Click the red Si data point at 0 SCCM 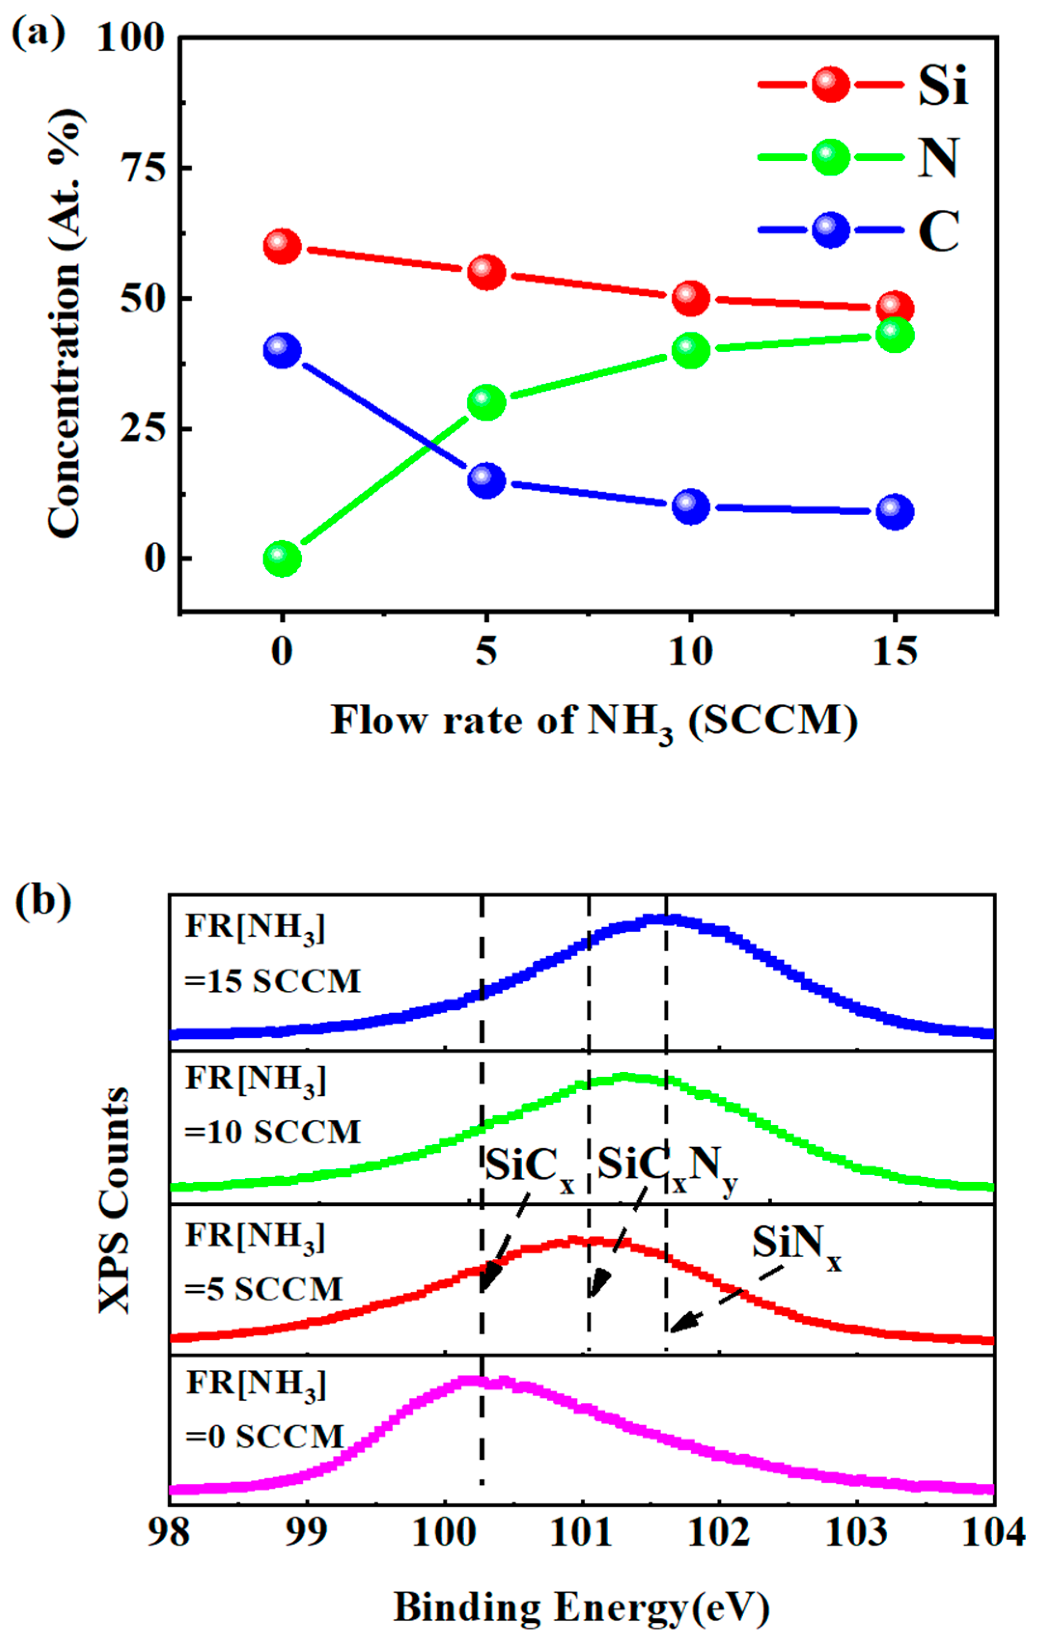pos(282,246)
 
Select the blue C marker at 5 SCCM pos(486,480)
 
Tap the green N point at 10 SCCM pos(691,351)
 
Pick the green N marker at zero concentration pos(282,559)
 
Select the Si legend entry pos(943,86)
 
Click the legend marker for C pos(831,230)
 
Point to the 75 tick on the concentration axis pos(143,168)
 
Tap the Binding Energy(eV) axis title pos(582,1607)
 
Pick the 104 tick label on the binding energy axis pos(994,1533)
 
